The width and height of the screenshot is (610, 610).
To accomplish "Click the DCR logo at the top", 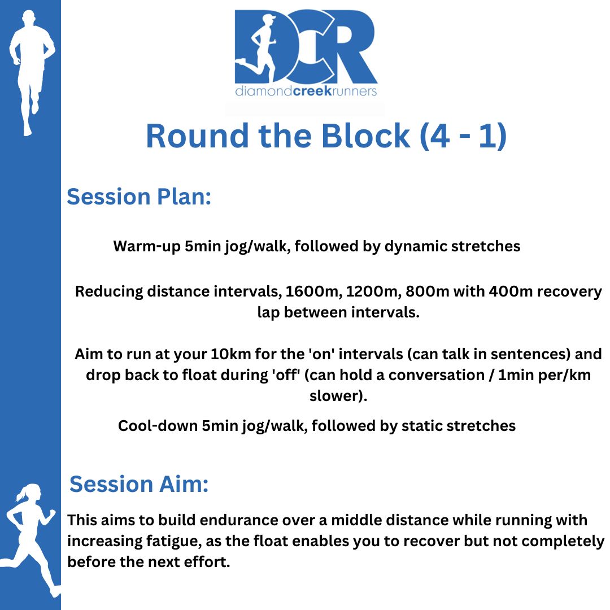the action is point(306,53).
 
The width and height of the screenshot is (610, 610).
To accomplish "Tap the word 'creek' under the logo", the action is point(312,91).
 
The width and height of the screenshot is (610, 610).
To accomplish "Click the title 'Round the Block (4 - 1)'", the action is point(326,136).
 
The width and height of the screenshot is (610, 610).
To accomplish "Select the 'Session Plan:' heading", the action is point(139,197).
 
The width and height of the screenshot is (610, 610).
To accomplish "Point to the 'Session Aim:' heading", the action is point(139,484).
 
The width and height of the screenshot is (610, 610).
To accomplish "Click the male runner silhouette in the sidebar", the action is point(32,72).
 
